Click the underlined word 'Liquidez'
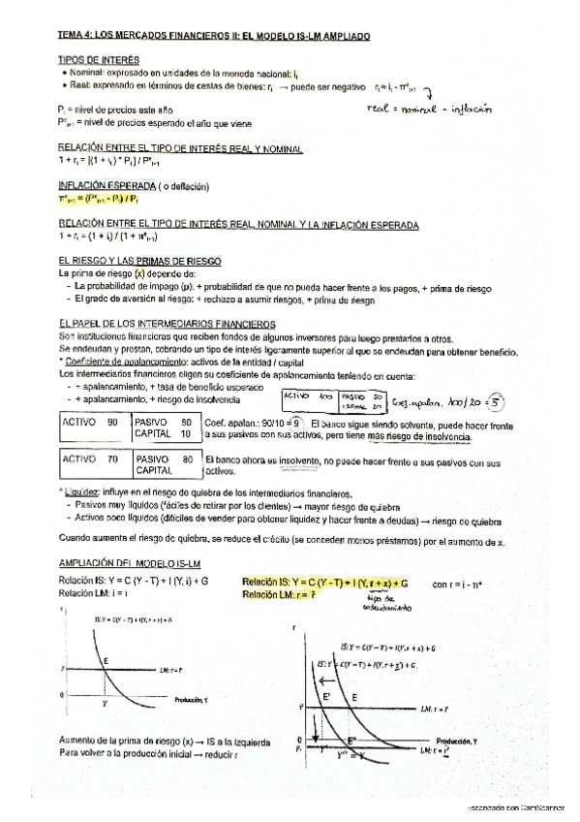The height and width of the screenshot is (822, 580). coord(80,494)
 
